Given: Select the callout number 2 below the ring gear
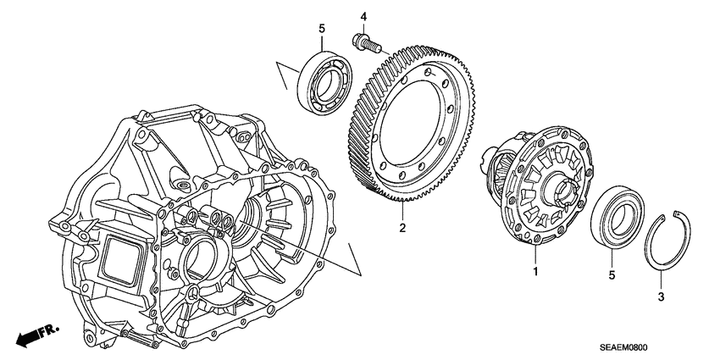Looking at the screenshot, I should click(402, 228).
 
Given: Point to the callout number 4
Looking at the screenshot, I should click(363, 16).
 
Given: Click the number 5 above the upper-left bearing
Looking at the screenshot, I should click(321, 30).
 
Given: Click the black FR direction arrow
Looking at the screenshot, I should click(30, 335).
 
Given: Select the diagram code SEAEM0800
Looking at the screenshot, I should click(652, 346).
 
